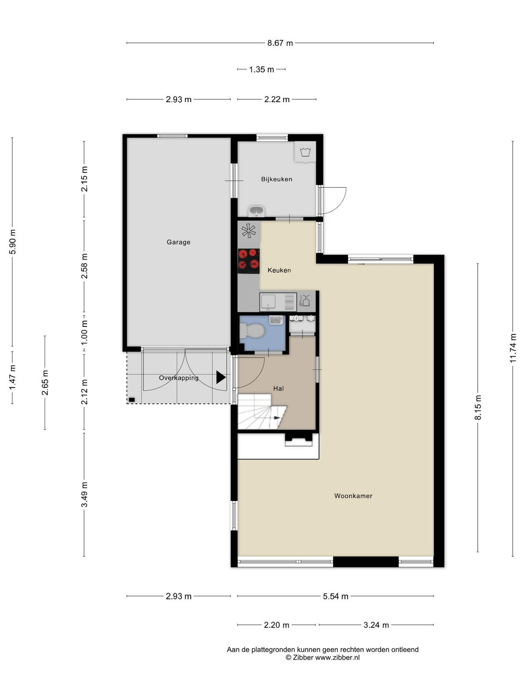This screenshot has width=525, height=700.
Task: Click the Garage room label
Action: (178, 242)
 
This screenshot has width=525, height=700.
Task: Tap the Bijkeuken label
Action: (276, 179)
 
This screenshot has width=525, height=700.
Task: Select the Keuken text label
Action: (279, 270)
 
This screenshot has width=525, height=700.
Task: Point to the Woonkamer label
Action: (353, 496)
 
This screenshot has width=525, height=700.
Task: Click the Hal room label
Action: (278, 388)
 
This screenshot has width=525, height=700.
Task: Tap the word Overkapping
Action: (178, 378)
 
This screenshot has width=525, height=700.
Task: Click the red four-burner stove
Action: (248, 261)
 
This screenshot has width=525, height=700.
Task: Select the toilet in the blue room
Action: (252, 331)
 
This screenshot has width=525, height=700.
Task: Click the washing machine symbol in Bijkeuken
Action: (305, 152)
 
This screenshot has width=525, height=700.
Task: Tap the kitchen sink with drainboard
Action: (278, 302)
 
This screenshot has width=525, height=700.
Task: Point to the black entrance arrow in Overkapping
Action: (221, 377)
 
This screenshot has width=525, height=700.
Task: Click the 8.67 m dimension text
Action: (280, 43)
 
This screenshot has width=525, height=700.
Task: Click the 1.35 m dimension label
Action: (261, 70)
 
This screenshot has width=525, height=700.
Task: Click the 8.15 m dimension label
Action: (478, 407)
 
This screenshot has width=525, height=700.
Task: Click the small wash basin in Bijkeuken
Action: (256, 211)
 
